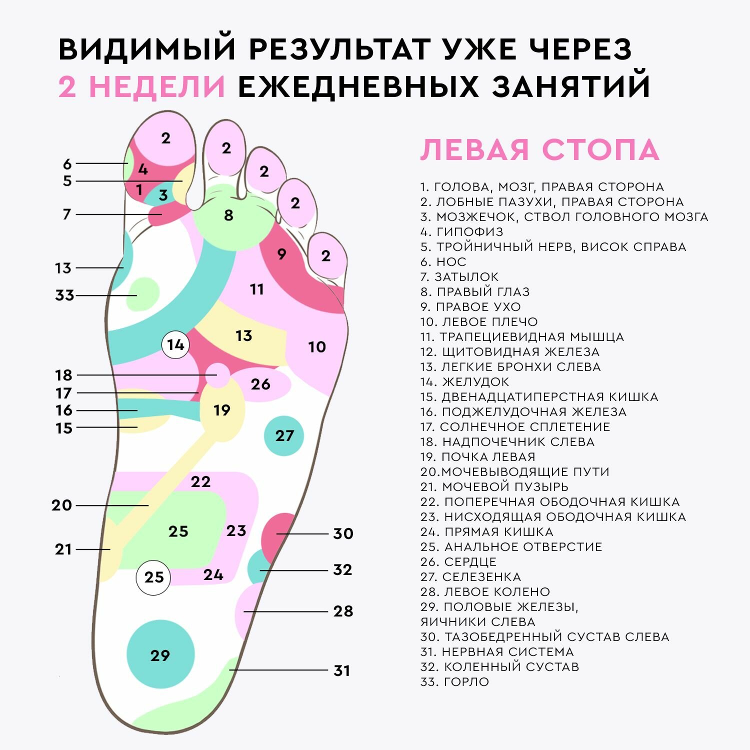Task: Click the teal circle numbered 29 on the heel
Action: tap(160, 654)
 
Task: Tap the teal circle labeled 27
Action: tap(284, 435)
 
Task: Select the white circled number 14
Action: tap(175, 344)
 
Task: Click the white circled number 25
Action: tap(153, 577)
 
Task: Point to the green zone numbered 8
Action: tap(228, 215)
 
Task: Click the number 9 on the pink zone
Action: tap(281, 254)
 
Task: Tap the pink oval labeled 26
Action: tap(260, 384)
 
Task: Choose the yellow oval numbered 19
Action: tap(222, 410)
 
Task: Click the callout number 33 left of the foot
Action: tap(64, 295)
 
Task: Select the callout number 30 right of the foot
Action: tap(343, 533)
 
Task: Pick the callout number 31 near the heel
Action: tap(342, 670)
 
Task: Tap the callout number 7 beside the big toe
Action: tap(66, 214)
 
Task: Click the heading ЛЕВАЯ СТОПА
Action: tap(539, 149)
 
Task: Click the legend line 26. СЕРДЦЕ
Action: tap(458, 561)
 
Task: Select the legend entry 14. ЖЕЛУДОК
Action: tap(464, 381)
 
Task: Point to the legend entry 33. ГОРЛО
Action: tap(454, 681)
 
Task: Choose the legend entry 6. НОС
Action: tap(443, 261)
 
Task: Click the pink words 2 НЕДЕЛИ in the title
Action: tap(142, 86)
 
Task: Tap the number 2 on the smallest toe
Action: tap(326, 256)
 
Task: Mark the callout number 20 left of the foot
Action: tap(61, 505)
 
